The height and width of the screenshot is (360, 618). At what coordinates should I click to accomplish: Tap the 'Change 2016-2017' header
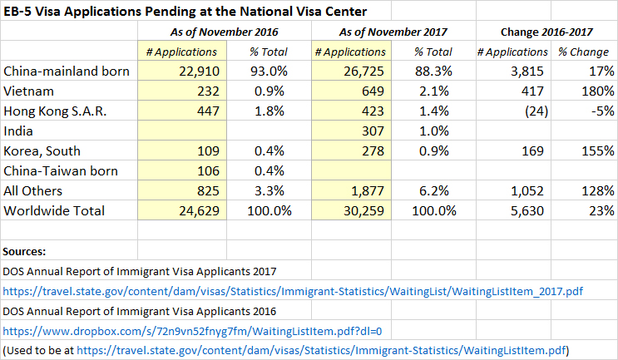(545, 32)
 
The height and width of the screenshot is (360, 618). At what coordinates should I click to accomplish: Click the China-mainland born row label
(67, 72)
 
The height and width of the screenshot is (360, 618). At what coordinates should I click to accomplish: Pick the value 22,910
(196, 72)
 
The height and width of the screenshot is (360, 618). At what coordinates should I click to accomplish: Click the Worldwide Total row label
(55, 211)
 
